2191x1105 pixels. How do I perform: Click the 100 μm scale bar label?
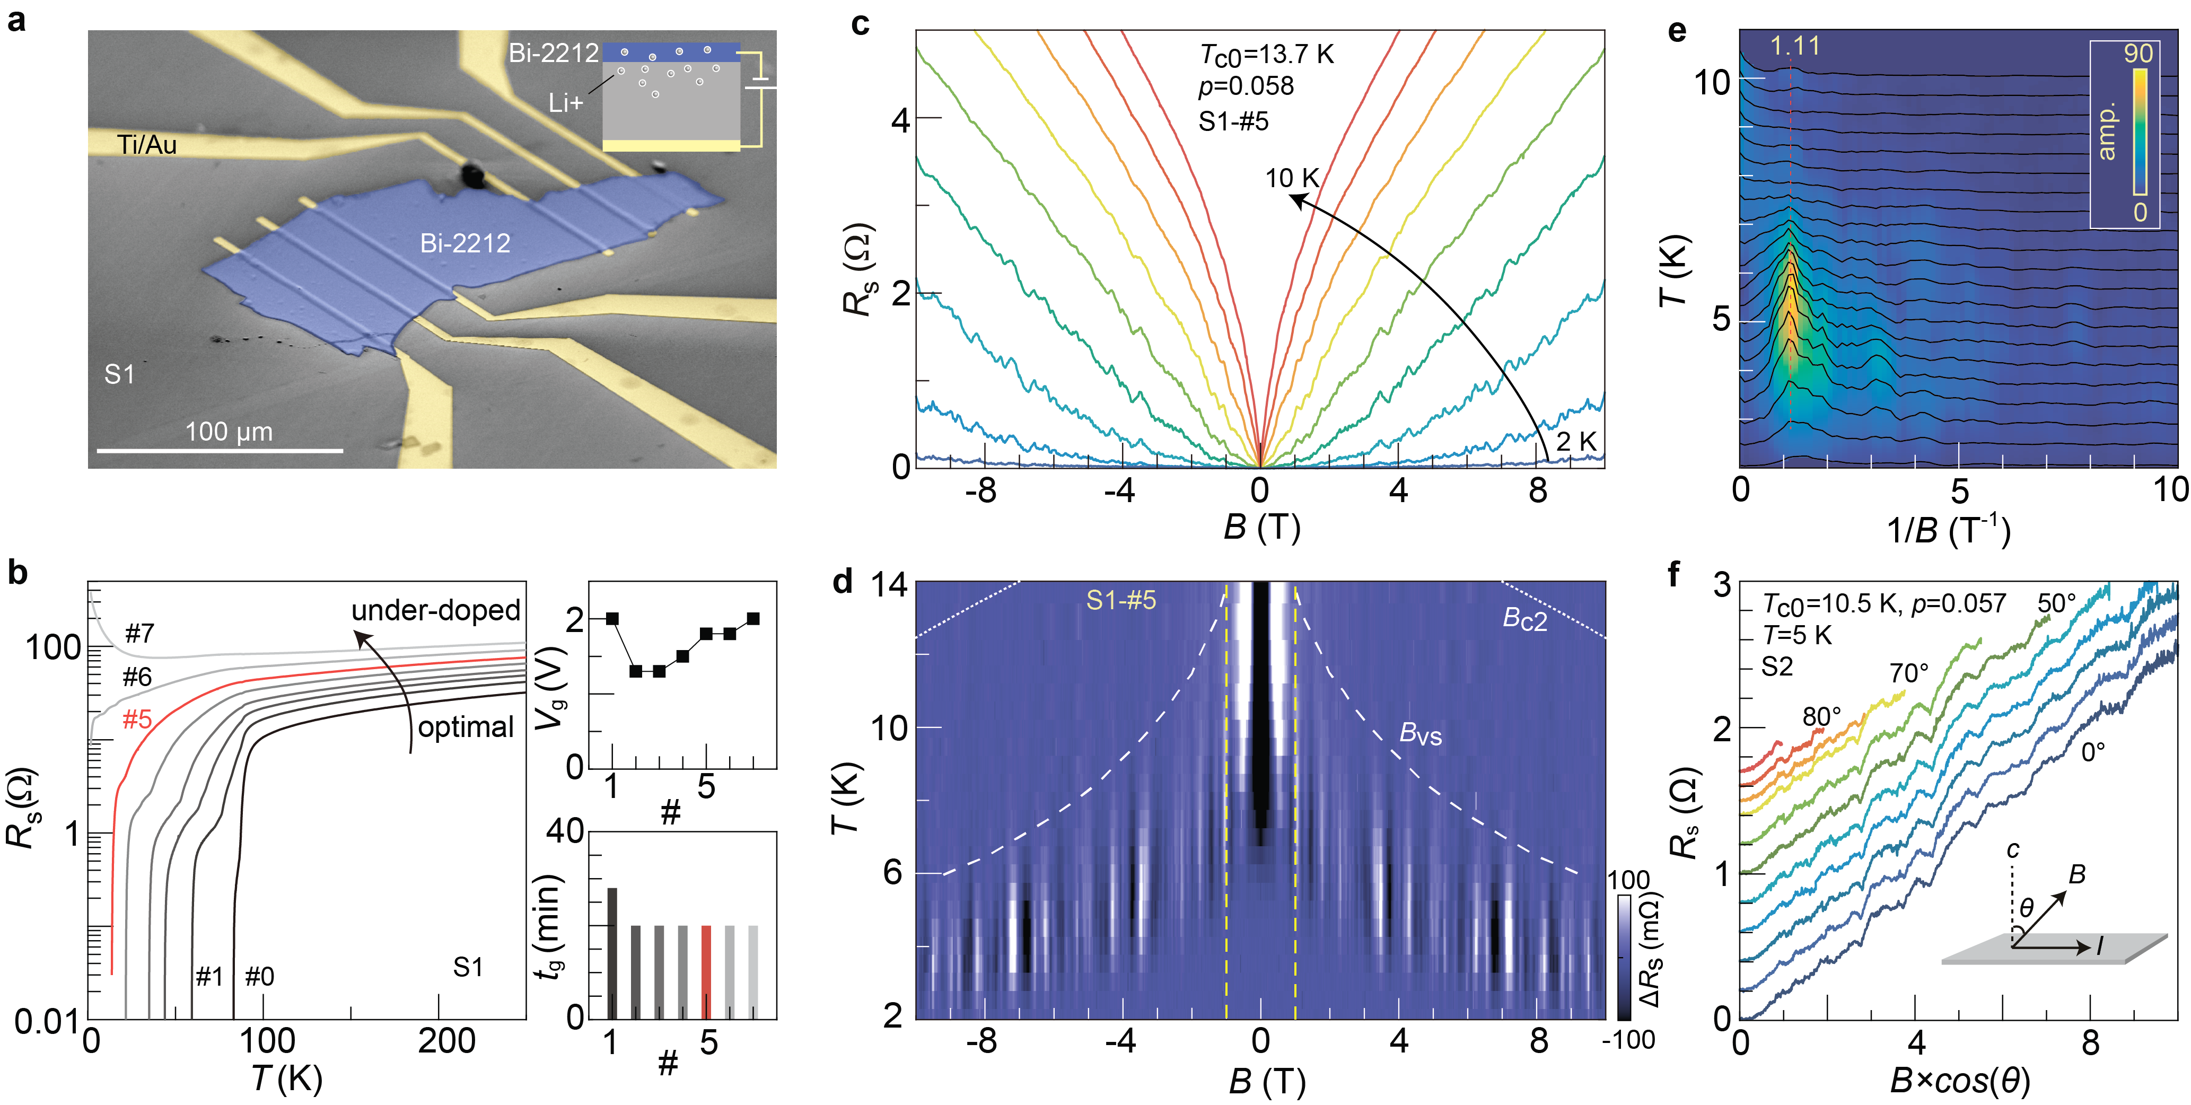point(229,432)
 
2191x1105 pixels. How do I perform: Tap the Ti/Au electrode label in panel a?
point(146,145)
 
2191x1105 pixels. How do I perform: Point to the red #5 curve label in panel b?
point(137,720)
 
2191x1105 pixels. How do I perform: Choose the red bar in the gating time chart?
point(706,971)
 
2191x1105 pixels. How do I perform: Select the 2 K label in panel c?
point(1576,442)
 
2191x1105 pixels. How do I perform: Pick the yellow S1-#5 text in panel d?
point(1121,601)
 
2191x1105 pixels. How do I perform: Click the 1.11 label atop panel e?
point(1795,45)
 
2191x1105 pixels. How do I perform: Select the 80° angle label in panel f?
point(1821,717)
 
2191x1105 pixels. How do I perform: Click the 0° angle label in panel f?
point(2093,752)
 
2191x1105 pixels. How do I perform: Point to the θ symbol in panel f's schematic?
point(2027,908)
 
